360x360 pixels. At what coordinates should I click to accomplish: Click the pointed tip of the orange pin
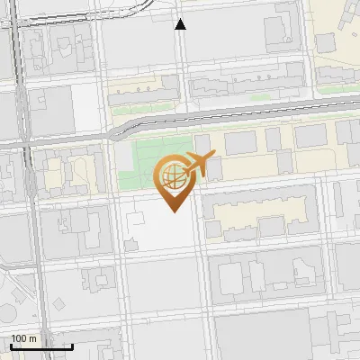[173, 211]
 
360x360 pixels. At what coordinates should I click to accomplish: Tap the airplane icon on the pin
[198, 166]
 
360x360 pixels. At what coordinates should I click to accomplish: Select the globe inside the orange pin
[172, 176]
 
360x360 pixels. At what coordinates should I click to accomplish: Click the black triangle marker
[181, 24]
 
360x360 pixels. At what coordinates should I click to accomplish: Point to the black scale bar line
[41, 346]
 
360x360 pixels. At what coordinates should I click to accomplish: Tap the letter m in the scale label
[33, 338]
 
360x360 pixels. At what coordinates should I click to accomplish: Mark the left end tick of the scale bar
[11, 345]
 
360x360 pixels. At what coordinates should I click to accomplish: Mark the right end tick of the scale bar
[72, 345]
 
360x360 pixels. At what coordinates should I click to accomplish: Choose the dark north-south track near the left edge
[34, 225]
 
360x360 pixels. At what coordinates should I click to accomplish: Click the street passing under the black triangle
[181, 54]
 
